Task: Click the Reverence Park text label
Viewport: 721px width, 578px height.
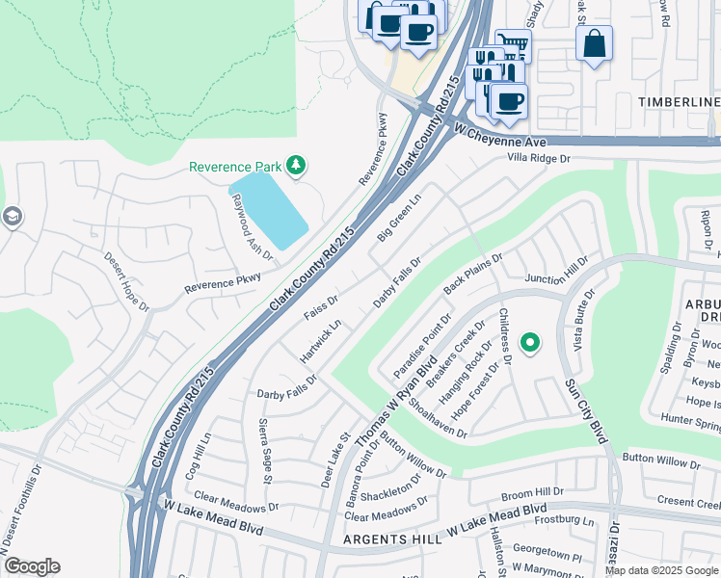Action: pos(235,167)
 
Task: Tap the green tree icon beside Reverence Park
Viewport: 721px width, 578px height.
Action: pos(297,167)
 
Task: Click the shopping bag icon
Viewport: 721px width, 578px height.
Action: pos(594,42)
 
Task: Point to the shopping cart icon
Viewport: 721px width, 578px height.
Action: pos(513,44)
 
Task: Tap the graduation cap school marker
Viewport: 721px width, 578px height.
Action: pos(11,217)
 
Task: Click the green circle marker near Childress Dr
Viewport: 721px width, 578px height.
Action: pos(529,342)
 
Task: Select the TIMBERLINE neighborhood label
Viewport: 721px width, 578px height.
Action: pos(679,102)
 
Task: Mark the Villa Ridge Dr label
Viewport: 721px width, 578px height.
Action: pos(540,157)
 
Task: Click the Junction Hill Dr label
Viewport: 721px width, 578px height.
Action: pos(556,272)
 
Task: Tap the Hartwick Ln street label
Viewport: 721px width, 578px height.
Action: pos(320,342)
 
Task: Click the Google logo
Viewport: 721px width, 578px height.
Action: pos(32,566)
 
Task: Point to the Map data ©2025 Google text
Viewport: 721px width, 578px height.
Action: pos(661,570)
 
